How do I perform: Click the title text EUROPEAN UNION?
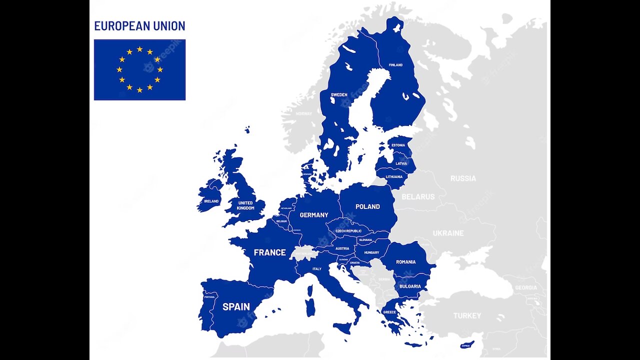(139, 26)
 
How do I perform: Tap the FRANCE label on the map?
(269, 252)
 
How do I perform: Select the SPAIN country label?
(236, 306)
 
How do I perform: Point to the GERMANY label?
(314, 215)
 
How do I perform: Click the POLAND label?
(367, 206)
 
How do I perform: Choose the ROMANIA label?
(405, 262)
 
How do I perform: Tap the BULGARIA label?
(410, 286)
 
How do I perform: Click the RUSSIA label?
(463, 178)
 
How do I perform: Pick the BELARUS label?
(418, 197)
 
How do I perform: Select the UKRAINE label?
(448, 233)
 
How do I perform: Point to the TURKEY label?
(467, 315)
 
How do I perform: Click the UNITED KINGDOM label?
(245, 205)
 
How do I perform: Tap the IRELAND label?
(211, 201)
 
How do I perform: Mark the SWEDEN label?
(339, 94)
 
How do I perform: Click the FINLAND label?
(395, 65)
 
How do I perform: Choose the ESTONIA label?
(398, 145)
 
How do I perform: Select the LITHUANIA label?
(394, 176)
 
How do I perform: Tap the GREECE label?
(389, 312)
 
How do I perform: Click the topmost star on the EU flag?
(139, 49)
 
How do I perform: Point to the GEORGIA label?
(526, 287)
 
